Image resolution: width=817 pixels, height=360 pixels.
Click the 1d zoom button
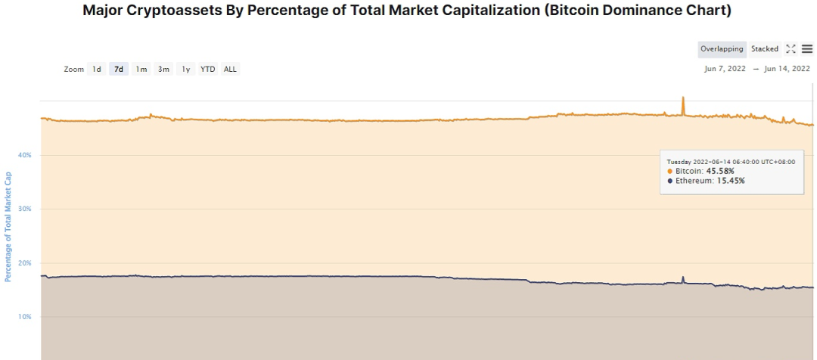point(97,69)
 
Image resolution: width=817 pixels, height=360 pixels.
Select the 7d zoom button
point(119,69)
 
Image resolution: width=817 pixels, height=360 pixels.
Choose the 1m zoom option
point(141,69)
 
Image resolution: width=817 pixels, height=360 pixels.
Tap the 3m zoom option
point(163,69)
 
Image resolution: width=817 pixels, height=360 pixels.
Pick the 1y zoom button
point(185,69)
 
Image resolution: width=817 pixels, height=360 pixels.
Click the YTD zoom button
point(207,69)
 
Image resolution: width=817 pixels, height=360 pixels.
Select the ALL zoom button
point(230,69)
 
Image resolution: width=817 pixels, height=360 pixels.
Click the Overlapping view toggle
point(722,49)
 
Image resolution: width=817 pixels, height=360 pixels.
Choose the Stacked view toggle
point(765,49)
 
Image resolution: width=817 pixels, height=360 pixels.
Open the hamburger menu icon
point(807,49)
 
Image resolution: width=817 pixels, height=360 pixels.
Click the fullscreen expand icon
point(791,49)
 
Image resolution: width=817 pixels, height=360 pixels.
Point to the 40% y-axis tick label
point(25,155)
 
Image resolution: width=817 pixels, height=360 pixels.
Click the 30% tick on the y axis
point(25,209)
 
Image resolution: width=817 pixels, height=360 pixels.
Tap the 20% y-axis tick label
point(25,263)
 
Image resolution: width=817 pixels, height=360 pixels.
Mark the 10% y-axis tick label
point(25,316)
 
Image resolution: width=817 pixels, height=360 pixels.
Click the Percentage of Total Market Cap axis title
point(8,237)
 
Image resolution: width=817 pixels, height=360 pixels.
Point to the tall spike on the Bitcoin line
point(683,99)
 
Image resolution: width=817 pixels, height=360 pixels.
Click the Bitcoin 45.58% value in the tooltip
point(719,171)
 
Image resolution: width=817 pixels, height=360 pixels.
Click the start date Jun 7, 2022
point(725,69)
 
